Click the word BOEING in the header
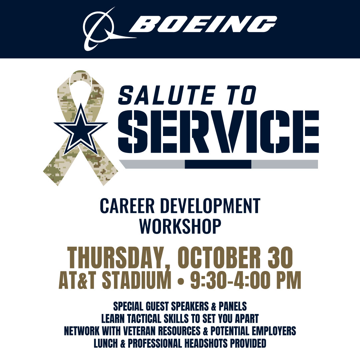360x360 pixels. [203, 24]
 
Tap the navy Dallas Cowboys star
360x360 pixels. [80, 129]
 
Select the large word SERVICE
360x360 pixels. [218, 132]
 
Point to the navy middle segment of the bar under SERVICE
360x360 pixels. [218, 164]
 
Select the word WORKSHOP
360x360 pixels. [180, 226]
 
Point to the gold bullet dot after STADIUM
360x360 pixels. [181, 281]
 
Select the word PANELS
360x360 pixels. [233, 306]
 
